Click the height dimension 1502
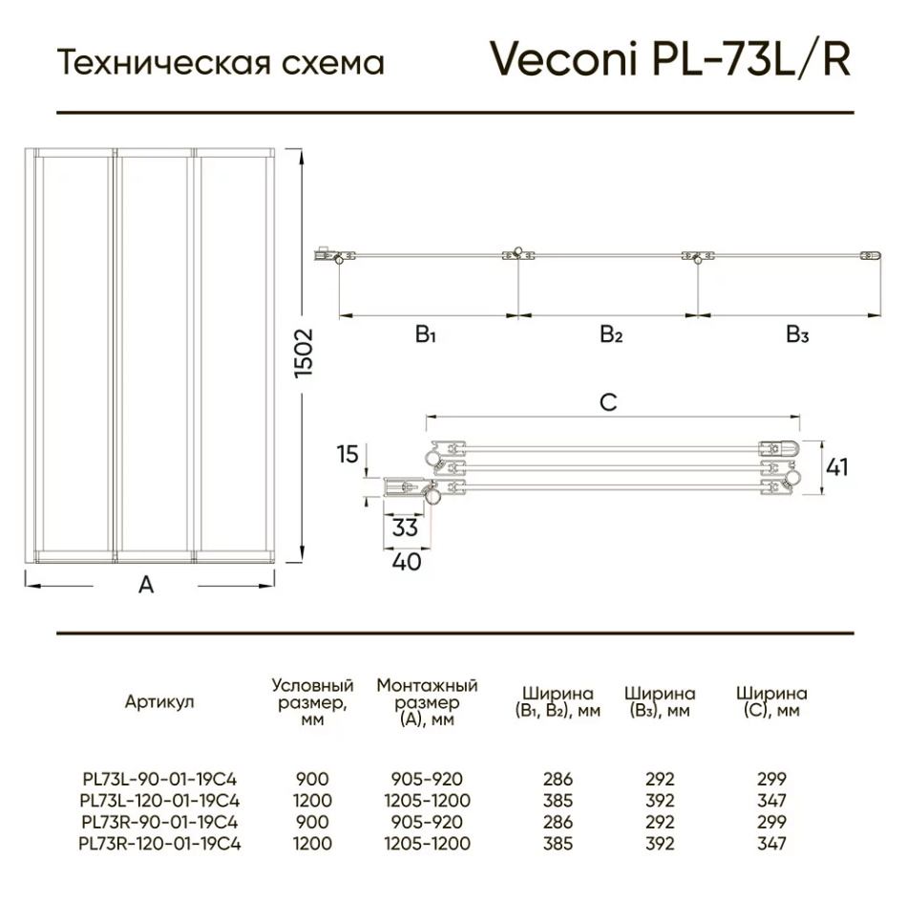(304, 353)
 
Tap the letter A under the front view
(146, 585)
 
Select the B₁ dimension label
(425, 334)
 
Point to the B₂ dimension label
(611, 334)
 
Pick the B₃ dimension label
(797, 334)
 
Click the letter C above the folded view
(608, 402)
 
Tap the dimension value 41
(837, 467)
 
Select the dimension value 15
(348, 454)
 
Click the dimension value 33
(405, 527)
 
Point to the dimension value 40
(407, 562)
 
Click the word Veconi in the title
(563, 58)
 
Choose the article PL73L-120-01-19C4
(159, 801)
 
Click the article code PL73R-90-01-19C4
(159, 822)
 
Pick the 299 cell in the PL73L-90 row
(772, 779)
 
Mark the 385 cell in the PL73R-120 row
(558, 844)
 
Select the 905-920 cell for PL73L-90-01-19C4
(427, 779)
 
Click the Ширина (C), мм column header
(772, 701)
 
